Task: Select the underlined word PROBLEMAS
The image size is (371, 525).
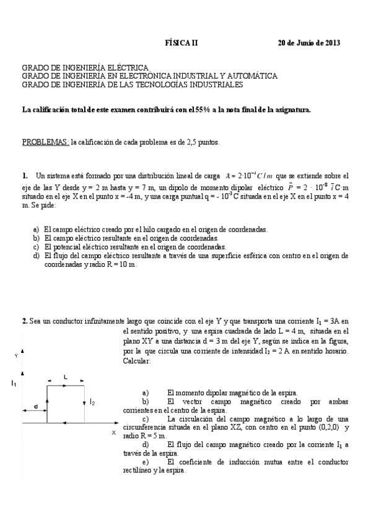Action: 46,142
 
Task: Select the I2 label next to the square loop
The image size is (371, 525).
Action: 92,402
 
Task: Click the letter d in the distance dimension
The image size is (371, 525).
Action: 35,406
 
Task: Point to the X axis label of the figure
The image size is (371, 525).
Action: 113,432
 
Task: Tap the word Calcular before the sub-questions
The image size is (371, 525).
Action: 137,361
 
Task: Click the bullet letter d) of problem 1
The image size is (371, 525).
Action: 37,256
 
